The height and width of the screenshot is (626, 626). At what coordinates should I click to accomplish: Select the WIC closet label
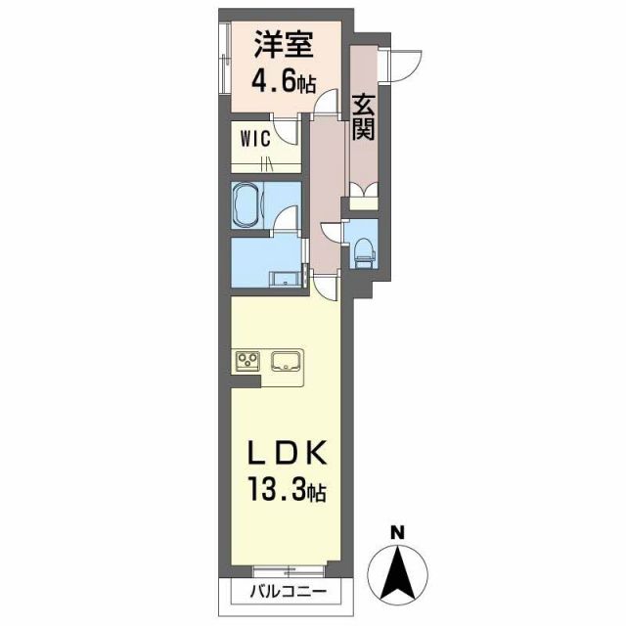(x=254, y=137)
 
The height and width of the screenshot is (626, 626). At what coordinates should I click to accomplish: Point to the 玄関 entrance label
(x=364, y=114)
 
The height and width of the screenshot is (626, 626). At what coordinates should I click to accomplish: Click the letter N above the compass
(x=397, y=533)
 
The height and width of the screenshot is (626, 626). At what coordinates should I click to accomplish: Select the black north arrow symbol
(x=397, y=572)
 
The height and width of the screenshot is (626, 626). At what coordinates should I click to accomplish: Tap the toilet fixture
(x=365, y=250)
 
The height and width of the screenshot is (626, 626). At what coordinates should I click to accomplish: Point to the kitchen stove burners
(x=246, y=362)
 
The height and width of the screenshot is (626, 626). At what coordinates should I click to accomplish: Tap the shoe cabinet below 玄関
(x=363, y=195)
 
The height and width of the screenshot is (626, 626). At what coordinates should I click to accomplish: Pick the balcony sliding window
(x=284, y=570)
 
